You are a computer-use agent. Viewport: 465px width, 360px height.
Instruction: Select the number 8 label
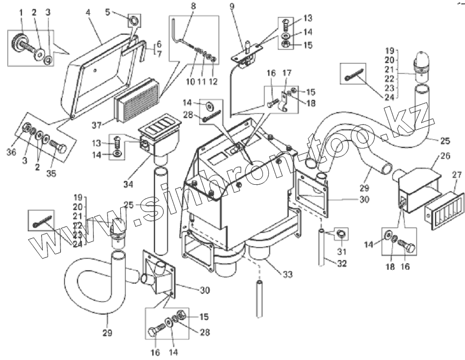point(193,6)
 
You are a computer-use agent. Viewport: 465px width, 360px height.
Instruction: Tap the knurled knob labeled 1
point(20,41)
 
